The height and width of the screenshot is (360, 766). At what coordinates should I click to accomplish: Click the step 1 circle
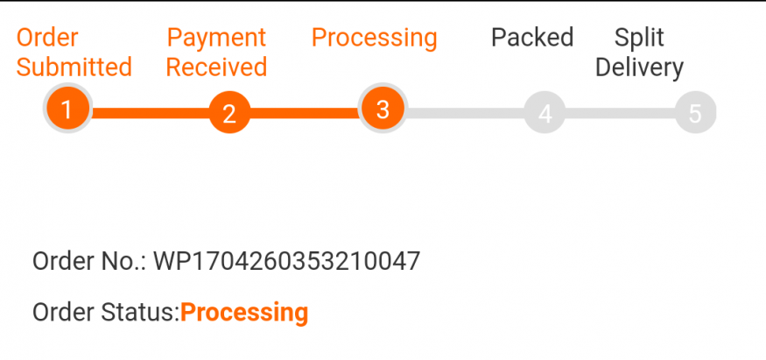(67, 110)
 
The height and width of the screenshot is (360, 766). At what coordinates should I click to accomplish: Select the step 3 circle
(382, 109)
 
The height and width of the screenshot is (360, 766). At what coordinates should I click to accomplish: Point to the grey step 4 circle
(545, 114)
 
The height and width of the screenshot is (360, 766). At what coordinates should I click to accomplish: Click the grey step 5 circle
(695, 114)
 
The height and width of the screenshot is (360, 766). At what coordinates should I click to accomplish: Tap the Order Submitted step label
(74, 53)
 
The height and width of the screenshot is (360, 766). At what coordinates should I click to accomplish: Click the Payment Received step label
(216, 53)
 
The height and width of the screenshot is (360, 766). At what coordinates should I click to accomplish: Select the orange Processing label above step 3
(374, 38)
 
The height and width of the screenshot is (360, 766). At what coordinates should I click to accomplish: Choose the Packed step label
(532, 38)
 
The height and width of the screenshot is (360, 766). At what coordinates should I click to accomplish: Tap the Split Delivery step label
(639, 53)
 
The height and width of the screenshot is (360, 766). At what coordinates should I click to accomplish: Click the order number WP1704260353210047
(287, 261)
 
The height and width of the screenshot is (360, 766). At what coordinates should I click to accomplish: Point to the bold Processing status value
(244, 313)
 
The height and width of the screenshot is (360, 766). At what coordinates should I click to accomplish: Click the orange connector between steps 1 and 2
(149, 113)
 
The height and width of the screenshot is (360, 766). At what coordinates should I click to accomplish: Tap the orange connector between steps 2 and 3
(306, 113)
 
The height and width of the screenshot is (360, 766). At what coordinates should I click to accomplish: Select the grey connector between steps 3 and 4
(464, 113)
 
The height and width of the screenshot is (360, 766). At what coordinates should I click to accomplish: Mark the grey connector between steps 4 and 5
(620, 113)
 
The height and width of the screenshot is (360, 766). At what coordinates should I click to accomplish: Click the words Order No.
(88, 261)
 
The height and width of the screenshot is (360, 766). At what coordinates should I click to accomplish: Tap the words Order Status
(105, 313)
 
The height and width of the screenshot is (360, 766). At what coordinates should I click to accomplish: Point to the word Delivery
(639, 67)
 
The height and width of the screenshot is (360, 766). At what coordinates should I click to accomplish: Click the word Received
(216, 67)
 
